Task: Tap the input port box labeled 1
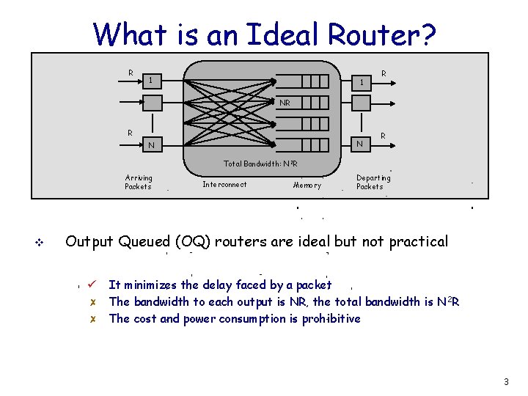coord(153,79)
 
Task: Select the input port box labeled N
coord(153,144)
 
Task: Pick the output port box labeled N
coord(360,144)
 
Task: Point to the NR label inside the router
coord(285,103)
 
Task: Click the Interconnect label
coord(224,185)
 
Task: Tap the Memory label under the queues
coord(307,186)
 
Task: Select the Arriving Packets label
coord(139,182)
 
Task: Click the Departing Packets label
coord(373,182)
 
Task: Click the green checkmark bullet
coord(92,284)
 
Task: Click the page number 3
coord(506,382)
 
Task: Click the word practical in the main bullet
coord(417,241)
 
